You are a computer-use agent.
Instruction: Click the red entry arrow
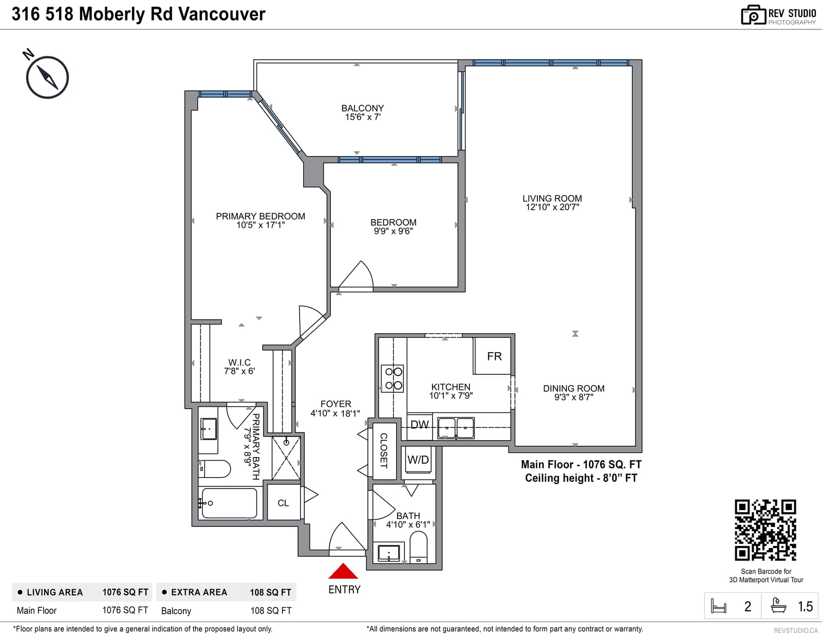(x=343, y=572)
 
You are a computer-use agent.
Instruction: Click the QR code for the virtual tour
(x=765, y=530)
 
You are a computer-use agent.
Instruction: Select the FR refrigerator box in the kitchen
(x=492, y=356)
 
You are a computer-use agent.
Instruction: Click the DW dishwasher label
(x=420, y=425)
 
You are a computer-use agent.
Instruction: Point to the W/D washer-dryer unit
(x=418, y=460)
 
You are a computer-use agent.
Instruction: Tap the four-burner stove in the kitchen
(x=393, y=378)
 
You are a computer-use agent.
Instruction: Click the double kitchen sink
(x=456, y=428)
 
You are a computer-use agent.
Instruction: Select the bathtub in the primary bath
(x=229, y=503)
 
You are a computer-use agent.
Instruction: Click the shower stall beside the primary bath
(x=286, y=458)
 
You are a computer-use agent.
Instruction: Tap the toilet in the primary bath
(x=214, y=469)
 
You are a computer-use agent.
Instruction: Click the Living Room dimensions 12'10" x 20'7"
(x=552, y=207)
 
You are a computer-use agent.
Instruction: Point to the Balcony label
(x=362, y=108)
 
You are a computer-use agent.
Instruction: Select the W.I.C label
(x=239, y=362)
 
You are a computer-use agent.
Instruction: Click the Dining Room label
(x=573, y=388)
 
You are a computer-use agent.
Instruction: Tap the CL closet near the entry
(x=283, y=503)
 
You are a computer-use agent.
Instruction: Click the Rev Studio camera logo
(x=753, y=15)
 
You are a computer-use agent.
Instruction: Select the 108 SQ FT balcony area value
(x=271, y=610)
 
